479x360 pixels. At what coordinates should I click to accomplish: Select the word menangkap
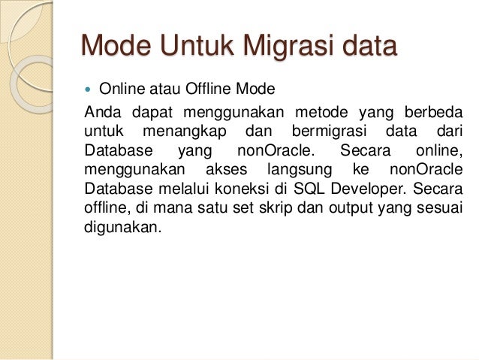click(x=185, y=132)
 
